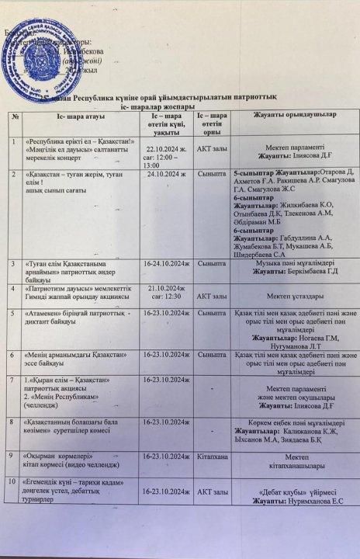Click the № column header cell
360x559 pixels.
tap(15, 116)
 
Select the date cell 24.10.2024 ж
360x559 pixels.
tap(167, 175)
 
